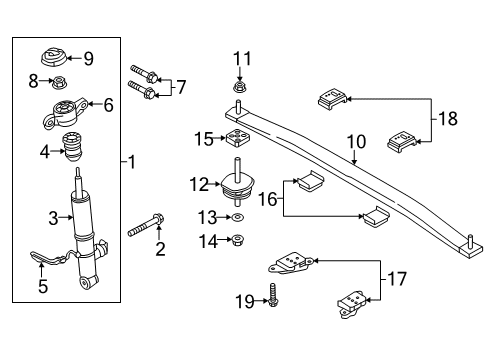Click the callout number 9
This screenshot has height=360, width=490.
pyautogui.click(x=88, y=58)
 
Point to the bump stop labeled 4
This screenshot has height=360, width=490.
pyautogui.click(x=72, y=146)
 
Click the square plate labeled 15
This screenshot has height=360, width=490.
pyautogui.click(x=238, y=139)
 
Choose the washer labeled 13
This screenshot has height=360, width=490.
pyautogui.click(x=238, y=217)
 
